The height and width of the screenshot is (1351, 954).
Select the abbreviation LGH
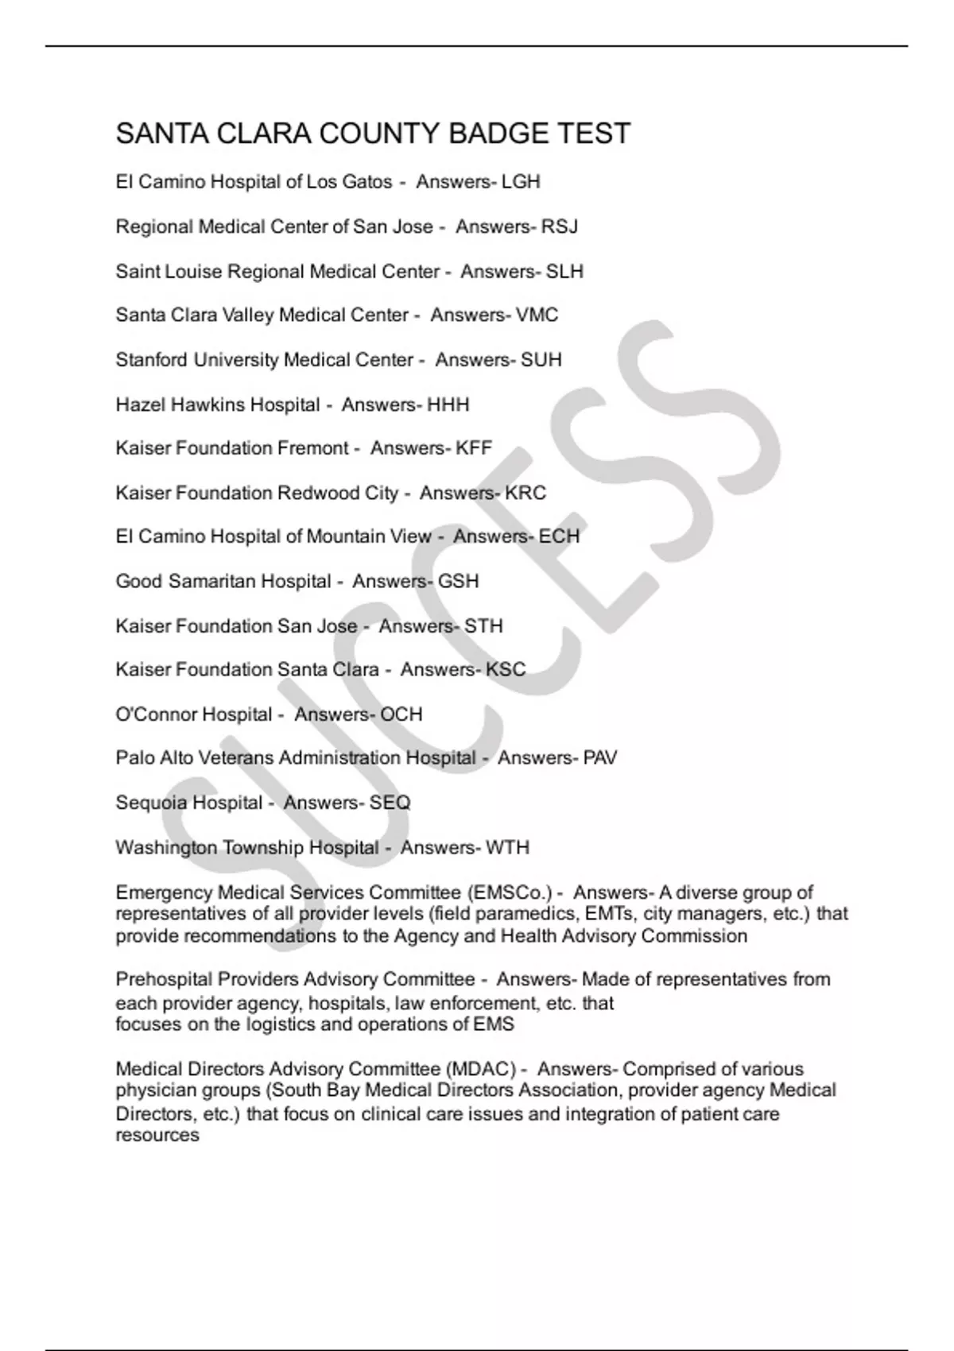pyautogui.click(x=521, y=182)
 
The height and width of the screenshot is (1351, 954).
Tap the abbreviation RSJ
pyautogui.click(x=559, y=226)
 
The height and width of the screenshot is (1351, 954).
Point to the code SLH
pyautogui.click(x=564, y=272)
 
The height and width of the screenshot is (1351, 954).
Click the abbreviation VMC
pyautogui.click(x=537, y=315)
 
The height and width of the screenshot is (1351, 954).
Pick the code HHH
pyautogui.click(x=448, y=405)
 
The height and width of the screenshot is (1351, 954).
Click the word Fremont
pyautogui.click(x=312, y=448)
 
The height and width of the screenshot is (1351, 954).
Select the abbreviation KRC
pyautogui.click(x=525, y=493)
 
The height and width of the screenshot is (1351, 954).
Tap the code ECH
pyautogui.click(x=559, y=536)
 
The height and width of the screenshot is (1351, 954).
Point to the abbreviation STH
pyautogui.click(x=483, y=626)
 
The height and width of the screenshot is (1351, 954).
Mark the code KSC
pyautogui.click(x=506, y=669)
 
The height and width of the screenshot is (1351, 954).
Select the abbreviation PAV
pyautogui.click(x=599, y=758)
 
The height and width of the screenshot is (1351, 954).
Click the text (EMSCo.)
pyautogui.click(x=510, y=892)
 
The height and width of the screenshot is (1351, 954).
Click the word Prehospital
pyautogui.click(x=164, y=980)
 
